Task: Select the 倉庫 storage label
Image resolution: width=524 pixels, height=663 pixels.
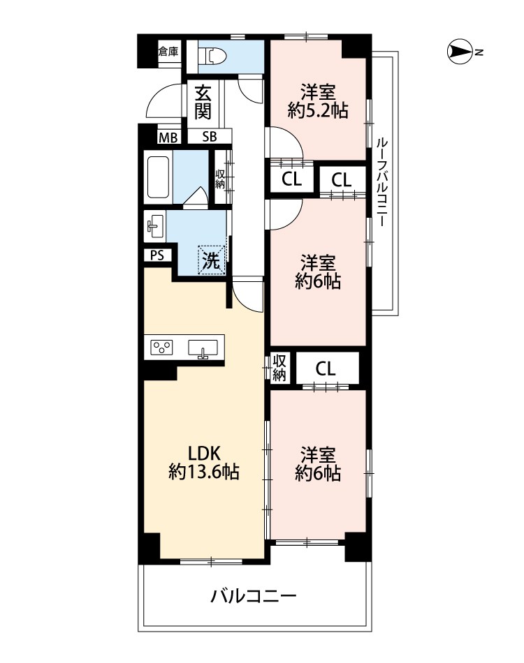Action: coord(168,52)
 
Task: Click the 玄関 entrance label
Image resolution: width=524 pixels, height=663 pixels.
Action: coord(203,102)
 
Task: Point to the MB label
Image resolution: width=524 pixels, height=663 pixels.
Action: coord(168,137)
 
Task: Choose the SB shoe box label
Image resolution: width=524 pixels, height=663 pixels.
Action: coord(210,137)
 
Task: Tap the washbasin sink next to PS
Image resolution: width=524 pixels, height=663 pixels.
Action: coord(155,225)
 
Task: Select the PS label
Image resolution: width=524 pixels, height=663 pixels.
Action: coord(157,255)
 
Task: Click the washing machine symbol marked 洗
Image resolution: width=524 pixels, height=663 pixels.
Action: coord(212,260)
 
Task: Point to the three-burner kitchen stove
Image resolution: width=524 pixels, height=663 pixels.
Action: coord(162,348)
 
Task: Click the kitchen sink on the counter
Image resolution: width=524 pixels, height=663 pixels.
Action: coord(203,349)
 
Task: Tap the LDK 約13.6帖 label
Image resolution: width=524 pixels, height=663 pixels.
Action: coord(203,463)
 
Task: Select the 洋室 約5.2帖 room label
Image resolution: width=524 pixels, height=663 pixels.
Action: coord(318,101)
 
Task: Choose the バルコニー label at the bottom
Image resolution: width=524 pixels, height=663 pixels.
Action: coord(254,597)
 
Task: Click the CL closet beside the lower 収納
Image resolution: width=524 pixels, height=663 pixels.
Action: coord(326,368)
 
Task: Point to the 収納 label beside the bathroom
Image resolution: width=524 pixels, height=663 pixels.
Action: coord(219,179)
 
